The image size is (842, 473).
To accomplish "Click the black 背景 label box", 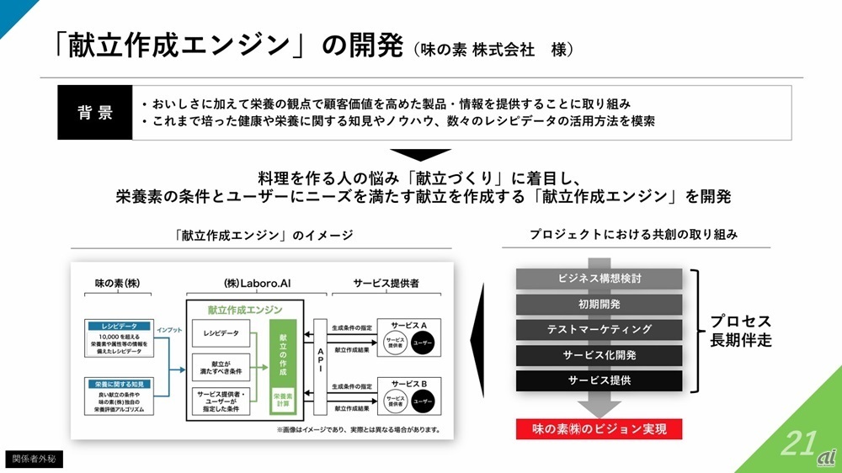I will [94, 113].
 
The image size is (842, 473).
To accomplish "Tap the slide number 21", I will [797, 443].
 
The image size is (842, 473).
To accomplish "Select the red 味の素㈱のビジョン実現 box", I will [599, 429].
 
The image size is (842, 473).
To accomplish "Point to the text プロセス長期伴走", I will [740, 331].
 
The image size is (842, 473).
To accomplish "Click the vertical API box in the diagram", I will [319, 365].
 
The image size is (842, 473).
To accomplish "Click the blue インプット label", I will [169, 332].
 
